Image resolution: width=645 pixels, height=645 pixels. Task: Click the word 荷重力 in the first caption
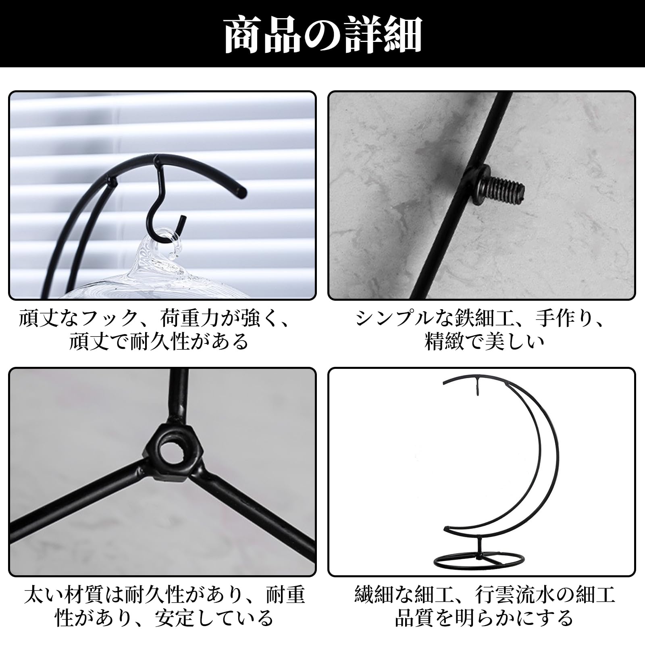point(190,319)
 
